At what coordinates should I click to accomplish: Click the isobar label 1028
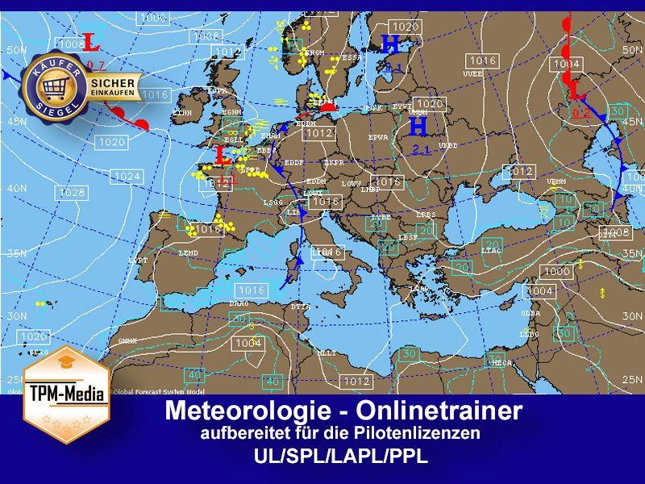pos(72,193)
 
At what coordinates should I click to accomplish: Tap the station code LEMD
pos(188,253)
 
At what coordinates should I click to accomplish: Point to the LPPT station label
pos(138,261)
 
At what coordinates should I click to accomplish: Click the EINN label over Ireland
pos(182,114)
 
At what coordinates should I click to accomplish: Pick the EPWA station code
pos(378,138)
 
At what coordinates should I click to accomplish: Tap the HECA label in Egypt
pos(501,363)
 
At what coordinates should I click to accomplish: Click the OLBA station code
pos(531,313)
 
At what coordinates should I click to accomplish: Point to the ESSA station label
pos(352,58)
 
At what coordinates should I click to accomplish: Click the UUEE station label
pos(472,73)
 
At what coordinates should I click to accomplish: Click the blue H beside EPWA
pos(418,126)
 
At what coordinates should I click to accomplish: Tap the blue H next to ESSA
pos(390,43)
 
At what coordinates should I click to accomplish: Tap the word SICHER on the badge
pos(112,82)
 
